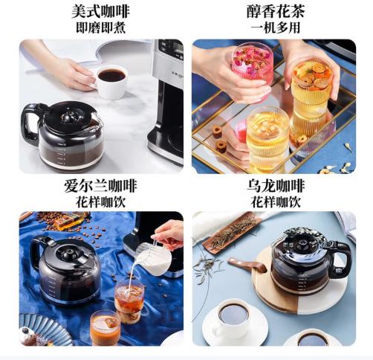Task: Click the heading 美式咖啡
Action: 101,12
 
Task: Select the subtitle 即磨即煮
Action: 101,28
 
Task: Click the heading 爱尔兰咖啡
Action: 101,185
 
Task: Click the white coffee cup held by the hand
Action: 111,82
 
